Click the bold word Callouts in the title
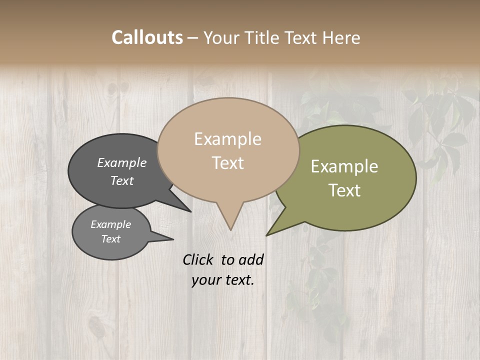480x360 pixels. tap(147, 37)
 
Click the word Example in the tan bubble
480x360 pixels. tap(227, 139)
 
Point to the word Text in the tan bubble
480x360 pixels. tap(227, 163)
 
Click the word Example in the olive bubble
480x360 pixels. tap(344, 166)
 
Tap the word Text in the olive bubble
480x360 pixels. tap(344, 190)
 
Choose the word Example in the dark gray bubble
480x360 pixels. tap(122, 163)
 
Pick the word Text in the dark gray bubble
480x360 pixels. tap(122, 180)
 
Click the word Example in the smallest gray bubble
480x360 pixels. tap(111, 224)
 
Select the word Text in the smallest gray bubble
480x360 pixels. tap(111, 239)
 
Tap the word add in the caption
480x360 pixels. tap(251, 259)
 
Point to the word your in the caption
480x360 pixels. tap(206, 280)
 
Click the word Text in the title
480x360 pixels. tap(302, 37)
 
